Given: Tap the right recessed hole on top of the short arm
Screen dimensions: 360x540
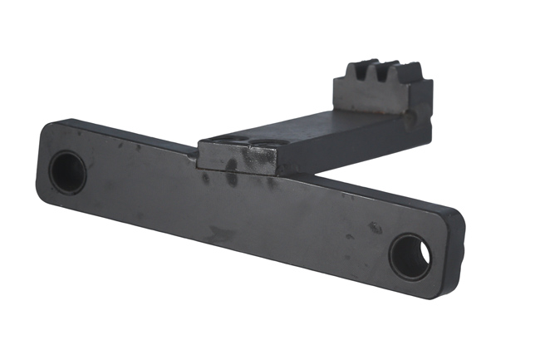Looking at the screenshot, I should click(x=264, y=143).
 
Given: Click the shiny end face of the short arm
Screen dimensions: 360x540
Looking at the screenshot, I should click(x=237, y=158).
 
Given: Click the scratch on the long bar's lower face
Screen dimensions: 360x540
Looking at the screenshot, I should click(x=220, y=235).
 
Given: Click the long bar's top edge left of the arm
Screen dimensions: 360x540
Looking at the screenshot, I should click(x=125, y=133).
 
